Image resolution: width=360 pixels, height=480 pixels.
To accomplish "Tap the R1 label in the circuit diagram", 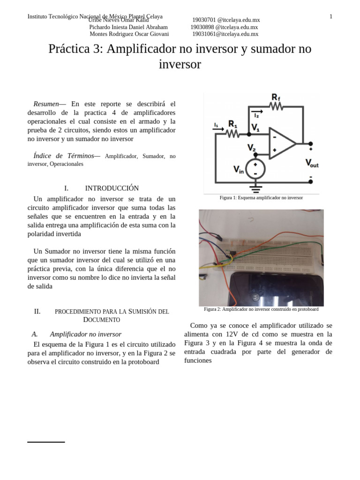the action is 232,124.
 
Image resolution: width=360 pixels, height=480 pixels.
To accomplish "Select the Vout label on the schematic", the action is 312,163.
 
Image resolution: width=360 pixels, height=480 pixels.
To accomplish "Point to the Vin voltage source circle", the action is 255,169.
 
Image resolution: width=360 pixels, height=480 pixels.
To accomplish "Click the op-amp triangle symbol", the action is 281,143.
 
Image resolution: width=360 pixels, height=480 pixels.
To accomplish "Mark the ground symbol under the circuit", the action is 255,188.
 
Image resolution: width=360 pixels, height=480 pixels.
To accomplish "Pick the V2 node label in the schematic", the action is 252,148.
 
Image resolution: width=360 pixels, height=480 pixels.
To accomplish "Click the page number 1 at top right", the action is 330,17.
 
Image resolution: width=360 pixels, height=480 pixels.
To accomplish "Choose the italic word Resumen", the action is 46,104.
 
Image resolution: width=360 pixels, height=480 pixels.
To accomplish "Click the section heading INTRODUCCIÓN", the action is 112,188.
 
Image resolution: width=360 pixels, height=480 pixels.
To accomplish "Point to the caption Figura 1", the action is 261,198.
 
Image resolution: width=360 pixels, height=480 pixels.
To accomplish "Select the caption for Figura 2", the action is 261,309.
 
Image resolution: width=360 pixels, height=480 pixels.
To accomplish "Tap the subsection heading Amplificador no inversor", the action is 85,334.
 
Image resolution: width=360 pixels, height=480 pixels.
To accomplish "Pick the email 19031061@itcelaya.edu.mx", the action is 225,34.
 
